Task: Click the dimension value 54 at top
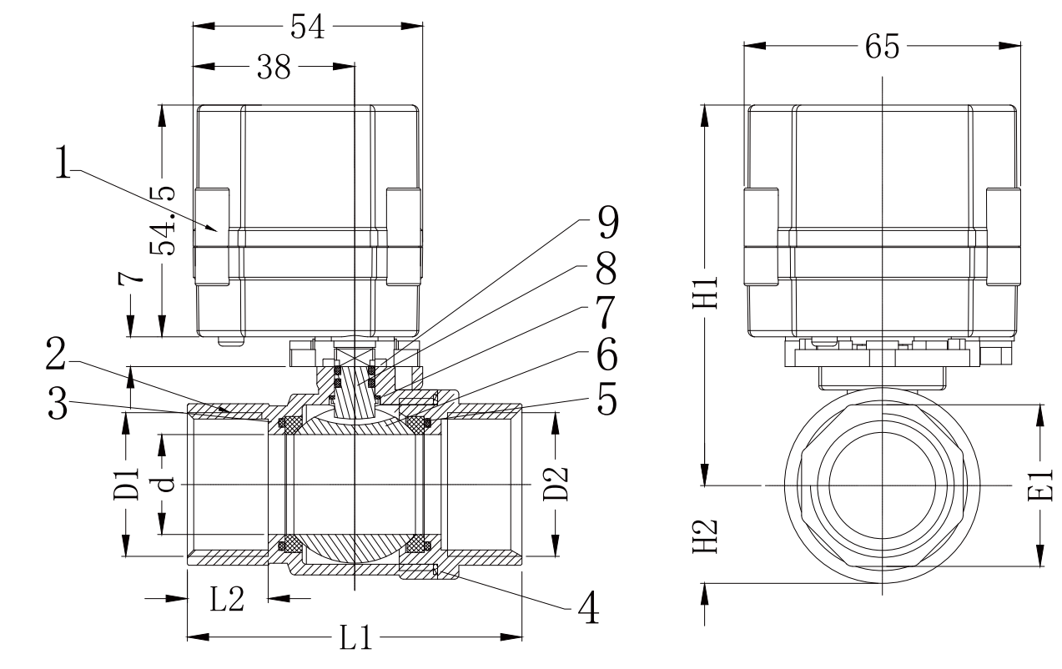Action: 308,28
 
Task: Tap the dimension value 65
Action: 882,48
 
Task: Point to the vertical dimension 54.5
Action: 161,222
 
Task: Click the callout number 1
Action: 63,165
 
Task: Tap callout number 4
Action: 587,607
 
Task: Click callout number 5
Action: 606,400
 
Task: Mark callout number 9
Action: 606,224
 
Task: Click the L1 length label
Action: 355,639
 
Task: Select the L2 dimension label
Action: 226,599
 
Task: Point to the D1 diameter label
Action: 126,484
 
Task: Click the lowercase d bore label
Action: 164,484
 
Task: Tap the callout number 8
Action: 606,269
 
